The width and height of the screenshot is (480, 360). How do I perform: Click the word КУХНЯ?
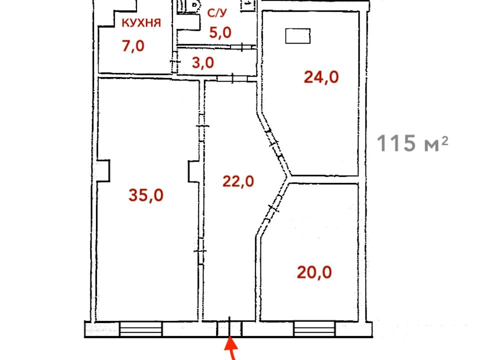[x=141, y=23]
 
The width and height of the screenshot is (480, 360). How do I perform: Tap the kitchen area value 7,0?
[x=133, y=46]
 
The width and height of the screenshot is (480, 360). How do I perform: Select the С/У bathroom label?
[x=217, y=13]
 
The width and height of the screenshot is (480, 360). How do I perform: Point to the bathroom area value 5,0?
[x=220, y=32]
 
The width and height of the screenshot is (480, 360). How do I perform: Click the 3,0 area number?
[x=203, y=63]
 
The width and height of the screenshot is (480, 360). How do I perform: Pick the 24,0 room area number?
[x=321, y=77]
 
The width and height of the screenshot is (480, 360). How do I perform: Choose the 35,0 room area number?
[x=146, y=195]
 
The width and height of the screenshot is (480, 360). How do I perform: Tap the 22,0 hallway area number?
[x=238, y=181]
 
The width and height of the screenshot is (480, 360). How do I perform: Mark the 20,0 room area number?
[x=314, y=272]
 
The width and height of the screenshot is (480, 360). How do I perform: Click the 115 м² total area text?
[x=412, y=143]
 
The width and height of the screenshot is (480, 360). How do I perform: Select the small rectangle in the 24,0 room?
[x=298, y=36]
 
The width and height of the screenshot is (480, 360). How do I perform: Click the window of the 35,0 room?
[x=140, y=329]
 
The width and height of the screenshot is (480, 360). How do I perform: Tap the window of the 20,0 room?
[x=314, y=329]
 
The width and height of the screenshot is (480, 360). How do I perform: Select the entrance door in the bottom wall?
[x=229, y=328]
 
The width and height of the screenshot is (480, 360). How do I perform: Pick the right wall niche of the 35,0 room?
[x=194, y=171]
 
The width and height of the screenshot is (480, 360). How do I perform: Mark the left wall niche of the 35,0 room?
[x=103, y=170]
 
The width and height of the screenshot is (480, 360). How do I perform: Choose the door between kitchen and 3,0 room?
[x=175, y=62]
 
